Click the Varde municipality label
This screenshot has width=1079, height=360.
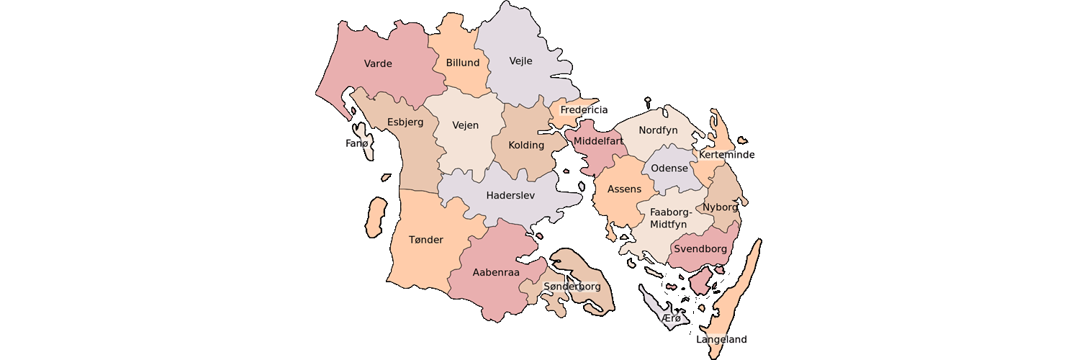coord(378,63)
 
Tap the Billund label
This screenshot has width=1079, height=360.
coord(463,63)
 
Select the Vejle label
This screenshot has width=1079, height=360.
coord(520,60)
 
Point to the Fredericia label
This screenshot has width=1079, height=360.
coord(584,110)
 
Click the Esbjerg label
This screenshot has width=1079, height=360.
coord(405,122)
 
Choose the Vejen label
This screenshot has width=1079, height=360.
coord(465,125)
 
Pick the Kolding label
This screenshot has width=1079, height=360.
coord(526,145)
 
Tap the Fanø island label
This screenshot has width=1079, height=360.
coord(356,143)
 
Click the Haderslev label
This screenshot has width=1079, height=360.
coord(510,195)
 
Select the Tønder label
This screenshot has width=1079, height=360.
coord(426,240)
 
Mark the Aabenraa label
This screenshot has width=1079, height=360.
coord(496,272)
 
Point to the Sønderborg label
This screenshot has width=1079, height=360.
coord(572,287)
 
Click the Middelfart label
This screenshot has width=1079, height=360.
coord(598,141)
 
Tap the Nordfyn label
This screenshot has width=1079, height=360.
coord(659,130)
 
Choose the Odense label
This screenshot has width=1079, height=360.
coord(669,168)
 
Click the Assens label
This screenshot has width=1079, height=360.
coord(624,189)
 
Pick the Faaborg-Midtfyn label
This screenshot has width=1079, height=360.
coord(670,218)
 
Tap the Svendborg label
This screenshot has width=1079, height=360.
coord(700,248)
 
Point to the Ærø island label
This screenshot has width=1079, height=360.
coord(670,318)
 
